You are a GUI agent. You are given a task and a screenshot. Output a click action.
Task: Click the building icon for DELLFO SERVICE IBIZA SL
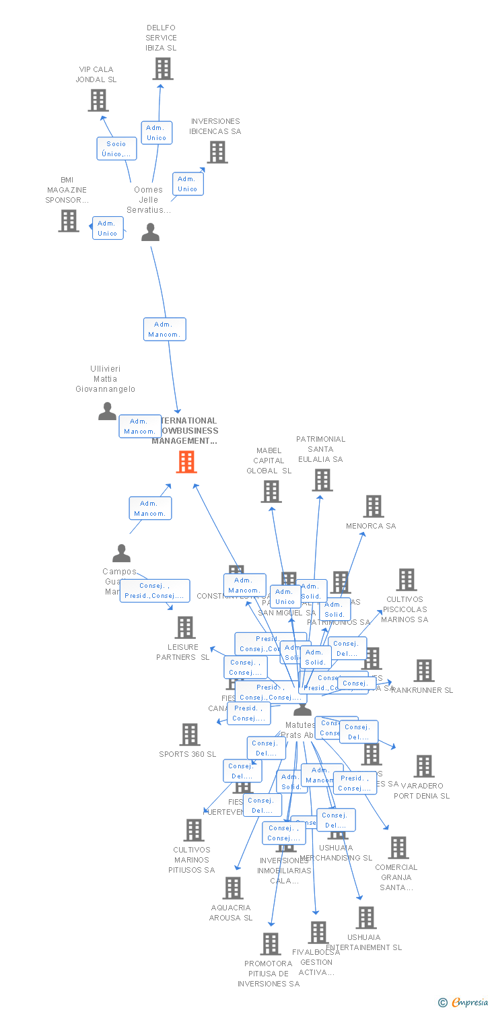point(162,69)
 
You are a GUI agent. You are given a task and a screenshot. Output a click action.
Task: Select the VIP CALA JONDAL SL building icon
point(98,100)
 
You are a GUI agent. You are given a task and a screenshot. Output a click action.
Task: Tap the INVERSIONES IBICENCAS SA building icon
point(217,152)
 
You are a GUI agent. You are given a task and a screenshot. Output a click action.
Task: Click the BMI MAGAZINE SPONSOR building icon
point(68,221)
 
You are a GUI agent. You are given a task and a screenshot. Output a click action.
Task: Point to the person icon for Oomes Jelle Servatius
point(150,232)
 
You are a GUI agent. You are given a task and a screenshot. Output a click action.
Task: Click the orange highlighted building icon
point(186,462)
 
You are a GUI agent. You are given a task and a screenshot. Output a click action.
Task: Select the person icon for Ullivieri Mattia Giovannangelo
point(107,411)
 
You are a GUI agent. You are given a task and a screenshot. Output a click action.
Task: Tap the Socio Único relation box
point(116,149)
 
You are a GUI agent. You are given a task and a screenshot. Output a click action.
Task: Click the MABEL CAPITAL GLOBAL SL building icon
point(271,492)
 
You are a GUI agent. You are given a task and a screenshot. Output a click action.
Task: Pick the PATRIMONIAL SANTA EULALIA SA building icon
point(322,480)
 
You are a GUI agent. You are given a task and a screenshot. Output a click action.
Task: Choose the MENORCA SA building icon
point(373,506)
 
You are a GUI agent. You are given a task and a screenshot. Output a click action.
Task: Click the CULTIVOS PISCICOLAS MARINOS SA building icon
point(406,580)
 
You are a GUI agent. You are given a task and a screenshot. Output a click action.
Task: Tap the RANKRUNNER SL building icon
point(424,671)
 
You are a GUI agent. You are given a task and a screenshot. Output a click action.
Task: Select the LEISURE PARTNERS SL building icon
point(184,628)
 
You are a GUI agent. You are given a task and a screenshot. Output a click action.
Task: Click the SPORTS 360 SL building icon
point(190,735)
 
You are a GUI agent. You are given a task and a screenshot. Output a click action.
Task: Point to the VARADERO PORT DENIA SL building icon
point(424,766)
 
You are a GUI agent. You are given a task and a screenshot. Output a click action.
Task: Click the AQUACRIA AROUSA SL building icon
point(232,888)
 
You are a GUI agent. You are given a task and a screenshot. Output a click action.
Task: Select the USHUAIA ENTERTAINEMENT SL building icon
point(365,918)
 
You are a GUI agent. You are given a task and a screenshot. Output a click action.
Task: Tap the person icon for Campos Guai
point(121,553)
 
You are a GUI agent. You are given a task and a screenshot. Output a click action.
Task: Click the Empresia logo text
point(469,1003)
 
